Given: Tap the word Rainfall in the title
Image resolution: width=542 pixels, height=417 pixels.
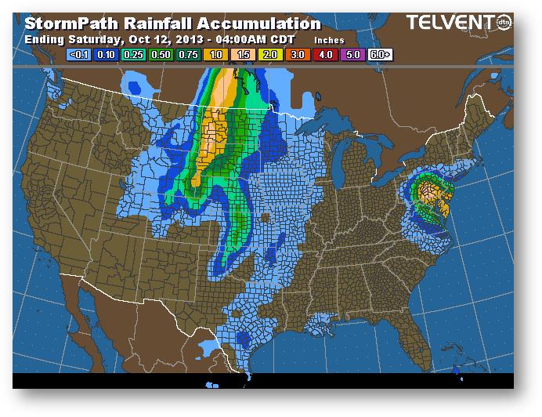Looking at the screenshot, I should point(161,24).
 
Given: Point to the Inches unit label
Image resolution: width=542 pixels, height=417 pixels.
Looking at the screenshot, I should point(329,38).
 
